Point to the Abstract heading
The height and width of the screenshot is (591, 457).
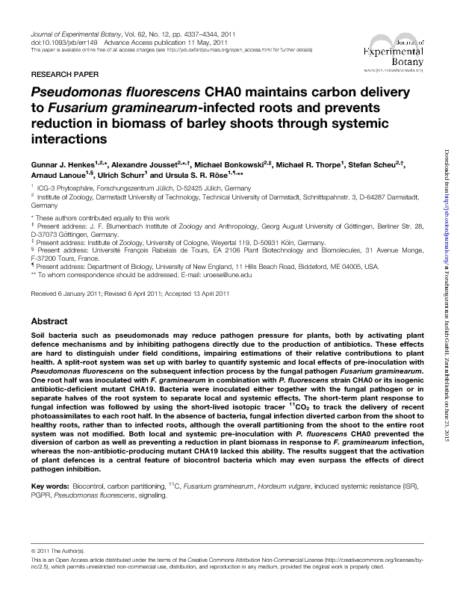click(x=49, y=341)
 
